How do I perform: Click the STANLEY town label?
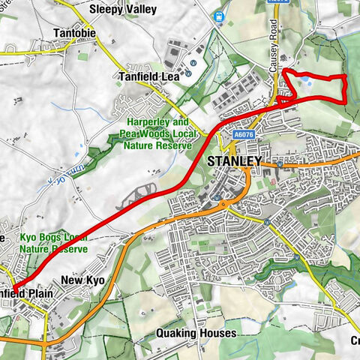click(233, 161)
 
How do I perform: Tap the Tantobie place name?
click(74, 34)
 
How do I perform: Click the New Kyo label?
click(81, 280)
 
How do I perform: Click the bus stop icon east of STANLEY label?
click(279, 162)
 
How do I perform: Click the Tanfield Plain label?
click(28, 293)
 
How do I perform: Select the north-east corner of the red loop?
click(344, 77)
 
